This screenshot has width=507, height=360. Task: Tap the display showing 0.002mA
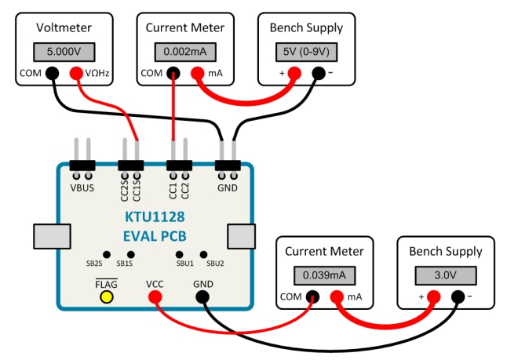coord(185,52)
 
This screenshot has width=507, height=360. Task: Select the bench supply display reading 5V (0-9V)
coord(306,52)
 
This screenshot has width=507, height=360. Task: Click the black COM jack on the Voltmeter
coord(52,74)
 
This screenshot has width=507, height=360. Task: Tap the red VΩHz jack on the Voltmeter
coord(76,74)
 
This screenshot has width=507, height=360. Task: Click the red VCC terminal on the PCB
coord(155,296)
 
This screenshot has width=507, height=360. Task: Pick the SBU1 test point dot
coord(181,255)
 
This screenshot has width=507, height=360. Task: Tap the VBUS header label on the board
coord(82,188)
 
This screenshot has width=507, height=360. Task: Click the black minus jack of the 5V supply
coord(318,74)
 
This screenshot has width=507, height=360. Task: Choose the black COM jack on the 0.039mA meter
coord(313,297)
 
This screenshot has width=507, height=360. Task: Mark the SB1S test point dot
coord(130,255)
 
